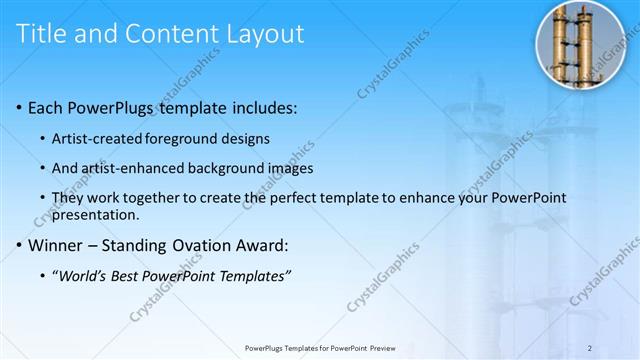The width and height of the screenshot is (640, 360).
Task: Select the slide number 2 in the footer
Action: (590, 347)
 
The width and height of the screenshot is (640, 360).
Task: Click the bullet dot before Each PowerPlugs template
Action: (21, 107)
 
